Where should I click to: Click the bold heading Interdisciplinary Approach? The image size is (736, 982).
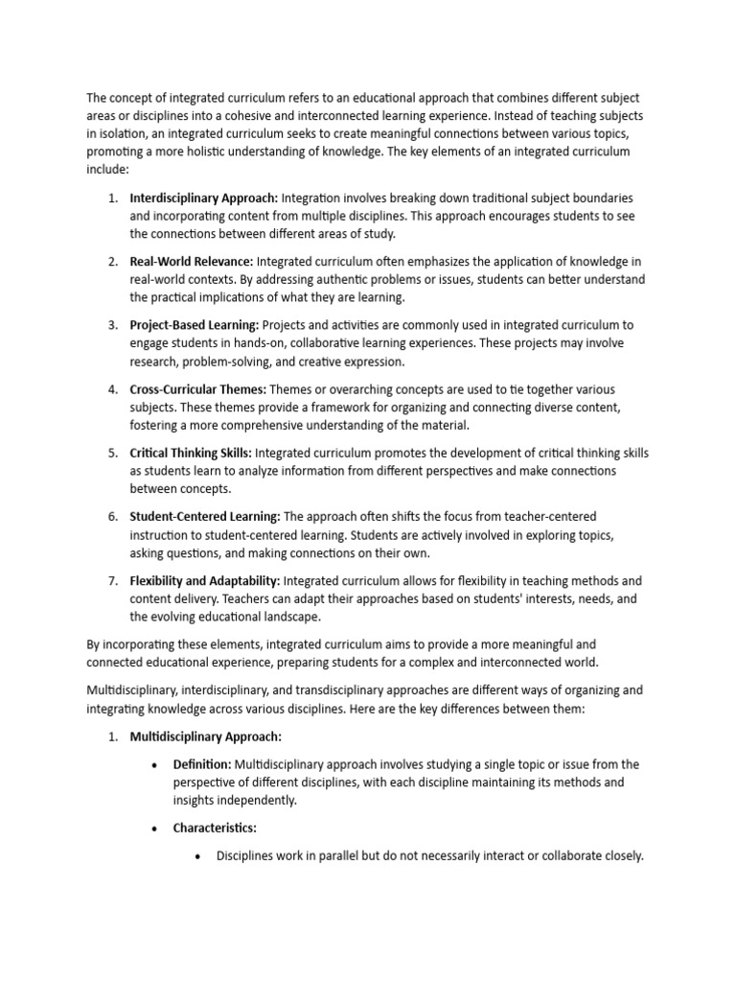point(204,198)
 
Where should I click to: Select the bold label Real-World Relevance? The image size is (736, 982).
point(192,261)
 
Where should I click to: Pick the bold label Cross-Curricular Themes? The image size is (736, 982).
point(199,389)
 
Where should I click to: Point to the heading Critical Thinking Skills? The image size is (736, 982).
point(191,453)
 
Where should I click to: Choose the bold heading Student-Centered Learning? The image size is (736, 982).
point(205,516)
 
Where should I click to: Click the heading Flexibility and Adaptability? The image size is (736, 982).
point(205,580)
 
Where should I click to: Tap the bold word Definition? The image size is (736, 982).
point(201,764)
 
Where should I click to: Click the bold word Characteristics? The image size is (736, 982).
point(215,828)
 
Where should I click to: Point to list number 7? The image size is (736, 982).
point(111,580)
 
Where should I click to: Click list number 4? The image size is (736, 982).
point(111,389)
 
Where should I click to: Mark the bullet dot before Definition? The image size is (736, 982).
point(155,765)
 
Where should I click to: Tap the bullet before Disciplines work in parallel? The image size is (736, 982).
point(198,856)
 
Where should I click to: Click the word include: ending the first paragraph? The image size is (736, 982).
point(106,168)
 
